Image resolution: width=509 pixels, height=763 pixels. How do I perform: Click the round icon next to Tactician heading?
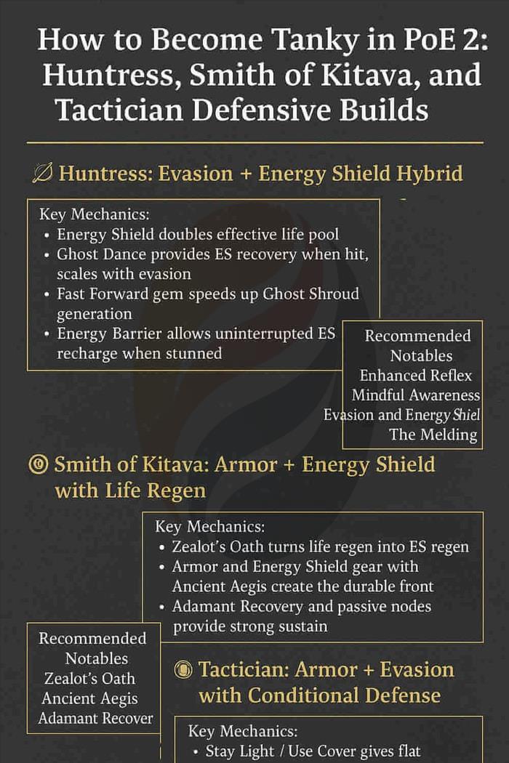click(184, 670)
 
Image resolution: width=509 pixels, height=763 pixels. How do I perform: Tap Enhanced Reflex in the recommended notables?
click(416, 376)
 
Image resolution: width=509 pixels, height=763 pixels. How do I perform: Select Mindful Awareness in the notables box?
click(416, 395)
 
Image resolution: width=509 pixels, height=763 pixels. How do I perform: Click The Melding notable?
click(433, 435)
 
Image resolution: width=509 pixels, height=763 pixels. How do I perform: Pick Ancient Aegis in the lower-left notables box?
click(89, 698)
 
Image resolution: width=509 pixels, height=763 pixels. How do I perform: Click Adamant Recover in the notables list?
click(95, 718)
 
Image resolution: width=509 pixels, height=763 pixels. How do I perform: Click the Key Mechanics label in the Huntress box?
click(93, 215)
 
